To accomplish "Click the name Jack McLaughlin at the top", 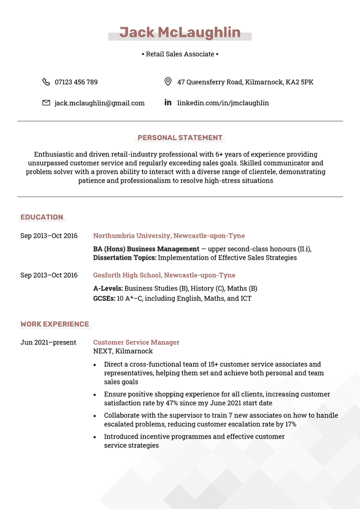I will pyautogui.click(x=180, y=33).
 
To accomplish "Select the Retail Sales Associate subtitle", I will pyautogui.click(x=180, y=54).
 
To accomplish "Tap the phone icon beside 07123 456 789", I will pyautogui.click(x=46, y=82).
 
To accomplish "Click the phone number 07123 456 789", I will pyautogui.click(x=76, y=82).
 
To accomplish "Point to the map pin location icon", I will pyautogui.click(x=168, y=82).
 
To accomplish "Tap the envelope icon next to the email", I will pyautogui.click(x=46, y=103).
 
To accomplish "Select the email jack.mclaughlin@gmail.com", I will pyautogui.click(x=99, y=103).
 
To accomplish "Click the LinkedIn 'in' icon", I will pyautogui.click(x=168, y=102).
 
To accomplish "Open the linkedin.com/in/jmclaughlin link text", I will pyautogui.click(x=223, y=103).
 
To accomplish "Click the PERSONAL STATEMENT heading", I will pyautogui.click(x=180, y=138).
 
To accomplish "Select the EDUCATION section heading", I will pyautogui.click(x=42, y=217).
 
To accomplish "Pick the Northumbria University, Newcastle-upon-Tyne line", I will pyautogui.click(x=169, y=236).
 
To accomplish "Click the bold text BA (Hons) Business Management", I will pyautogui.click(x=146, y=249).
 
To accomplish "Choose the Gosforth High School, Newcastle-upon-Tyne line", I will pyautogui.click(x=164, y=275).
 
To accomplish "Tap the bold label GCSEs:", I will pyautogui.click(x=104, y=299).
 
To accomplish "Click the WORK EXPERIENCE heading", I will pyautogui.click(x=54, y=324).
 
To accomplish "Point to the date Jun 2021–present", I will pyautogui.click(x=48, y=342).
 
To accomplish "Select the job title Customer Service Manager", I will pyautogui.click(x=136, y=342).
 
